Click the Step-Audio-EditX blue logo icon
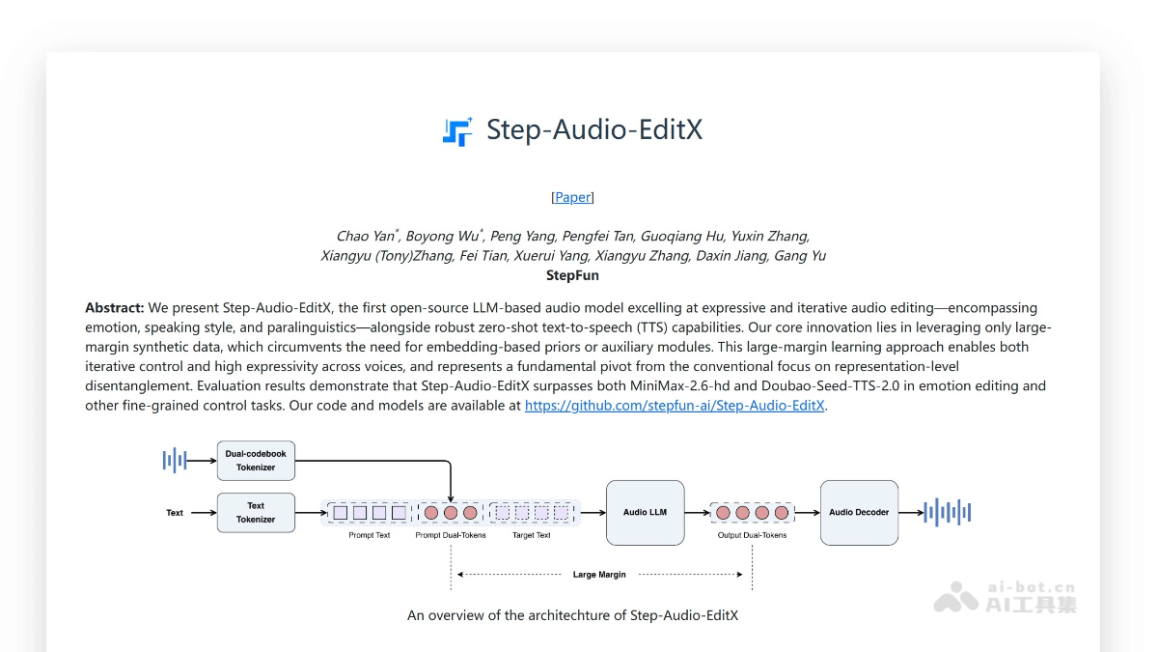coord(457,131)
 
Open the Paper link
coord(572,197)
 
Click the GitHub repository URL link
coord(675,406)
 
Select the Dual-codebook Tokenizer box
coord(256,461)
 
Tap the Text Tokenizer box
coord(256,513)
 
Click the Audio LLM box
coord(645,513)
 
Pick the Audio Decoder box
coord(859,513)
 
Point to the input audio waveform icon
coord(175,461)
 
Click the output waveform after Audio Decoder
coord(947,513)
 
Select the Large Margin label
coord(599,575)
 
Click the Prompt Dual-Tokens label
coord(451,535)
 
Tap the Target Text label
coord(532,535)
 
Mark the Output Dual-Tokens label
coord(752,535)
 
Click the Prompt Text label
coord(370,535)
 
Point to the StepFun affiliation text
coord(572,275)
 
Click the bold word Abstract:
coord(115,308)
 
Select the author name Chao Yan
coord(365,237)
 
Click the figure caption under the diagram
coord(572,615)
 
